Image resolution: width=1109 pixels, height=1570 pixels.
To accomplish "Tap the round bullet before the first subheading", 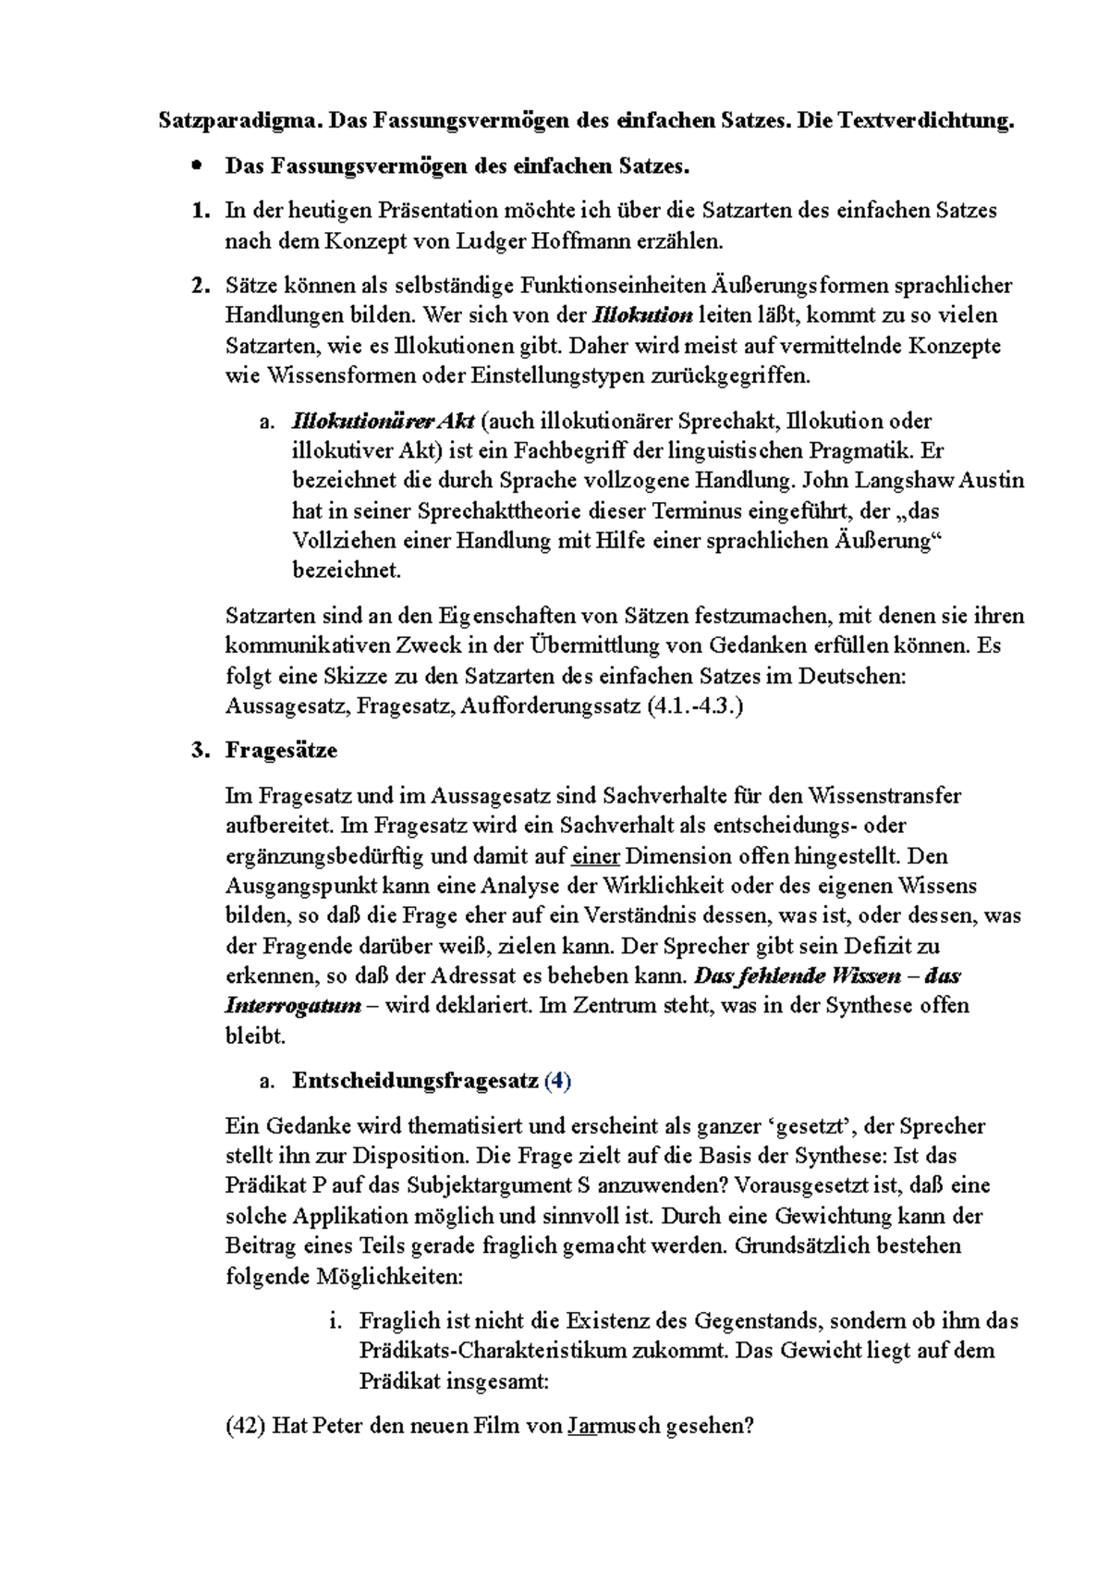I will pyautogui.click(x=194, y=166).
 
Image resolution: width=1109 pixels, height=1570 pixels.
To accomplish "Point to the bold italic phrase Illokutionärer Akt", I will pyautogui.click(x=384, y=422).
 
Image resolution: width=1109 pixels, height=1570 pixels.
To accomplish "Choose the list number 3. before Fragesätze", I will pyautogui.click(x=200, y=751).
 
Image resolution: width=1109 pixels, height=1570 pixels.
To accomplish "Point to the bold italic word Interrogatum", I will pyautogui.click(x=292, y=1006).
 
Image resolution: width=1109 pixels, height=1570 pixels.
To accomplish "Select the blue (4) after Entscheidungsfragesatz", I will pyautogui.click(x=558, y=1081).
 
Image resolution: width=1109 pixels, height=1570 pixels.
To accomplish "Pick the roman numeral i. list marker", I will pyautogui.click(x=336, y=1321).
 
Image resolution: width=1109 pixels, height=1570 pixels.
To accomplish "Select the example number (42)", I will pyautogui.click(x=246, y=1426).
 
